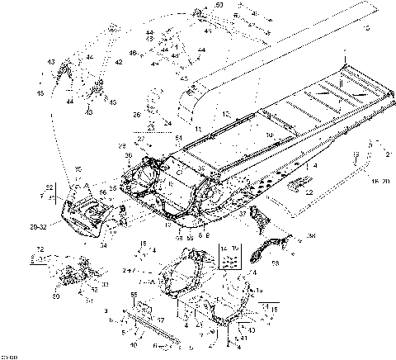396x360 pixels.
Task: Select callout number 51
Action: pyautogui.click(x=179, y=137)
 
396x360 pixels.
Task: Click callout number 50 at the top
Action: pyautogui.click(x=219, y=5)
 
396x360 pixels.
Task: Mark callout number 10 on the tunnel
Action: pyautogui.click(x=269, y=133)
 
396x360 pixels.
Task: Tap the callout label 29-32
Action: pyautogui.click(x=39, y=225)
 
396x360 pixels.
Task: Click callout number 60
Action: pyautogui.click(x=56, y=295)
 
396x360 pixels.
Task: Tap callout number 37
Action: pyautogui.click(x=243, y=211)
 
